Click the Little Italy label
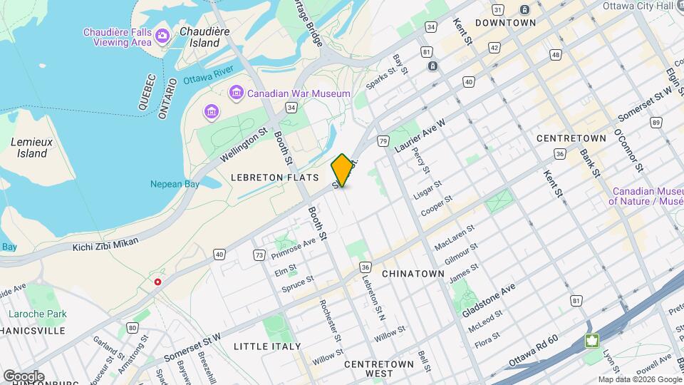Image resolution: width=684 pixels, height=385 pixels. pyautogui.click(x=262, y=346)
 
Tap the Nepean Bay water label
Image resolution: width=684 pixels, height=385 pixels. pyautogui.click(x=174, y=184)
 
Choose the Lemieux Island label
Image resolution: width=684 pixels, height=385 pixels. pyautogui.click(x=29, y=148)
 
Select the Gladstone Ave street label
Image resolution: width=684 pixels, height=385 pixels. pyautogui.click(x=489, y=302)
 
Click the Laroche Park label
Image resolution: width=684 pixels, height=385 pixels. pyautogui.click(x=37, y=314)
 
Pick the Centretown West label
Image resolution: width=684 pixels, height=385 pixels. pyautogui.click(x=379, y=369)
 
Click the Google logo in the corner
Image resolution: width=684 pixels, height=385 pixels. pyautogui.click(x=24, y=376)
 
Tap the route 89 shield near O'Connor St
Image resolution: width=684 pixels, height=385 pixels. pyautogui.click(x=655, y=122)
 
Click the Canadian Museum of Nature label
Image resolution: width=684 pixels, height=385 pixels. pyautogui.click(x=645, y=196)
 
